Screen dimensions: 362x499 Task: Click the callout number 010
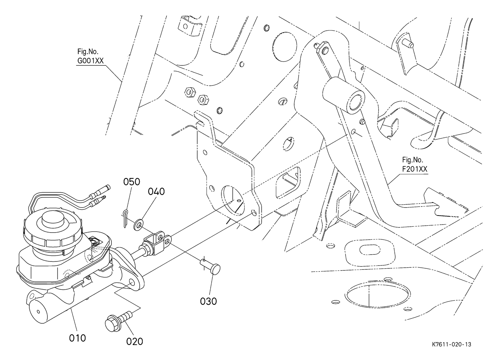[77, 338]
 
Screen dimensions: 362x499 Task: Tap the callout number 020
[135, 341]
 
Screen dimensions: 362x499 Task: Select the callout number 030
[208, 301]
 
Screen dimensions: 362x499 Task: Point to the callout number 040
[156, 191]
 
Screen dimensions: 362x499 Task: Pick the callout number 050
[132, 182]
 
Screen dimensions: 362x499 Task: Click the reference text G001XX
[90, 61]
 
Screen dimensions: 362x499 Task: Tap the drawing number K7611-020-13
[451, 344]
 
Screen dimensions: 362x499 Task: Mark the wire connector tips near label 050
[101, 193]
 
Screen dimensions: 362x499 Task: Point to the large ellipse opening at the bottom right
[378, 296]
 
